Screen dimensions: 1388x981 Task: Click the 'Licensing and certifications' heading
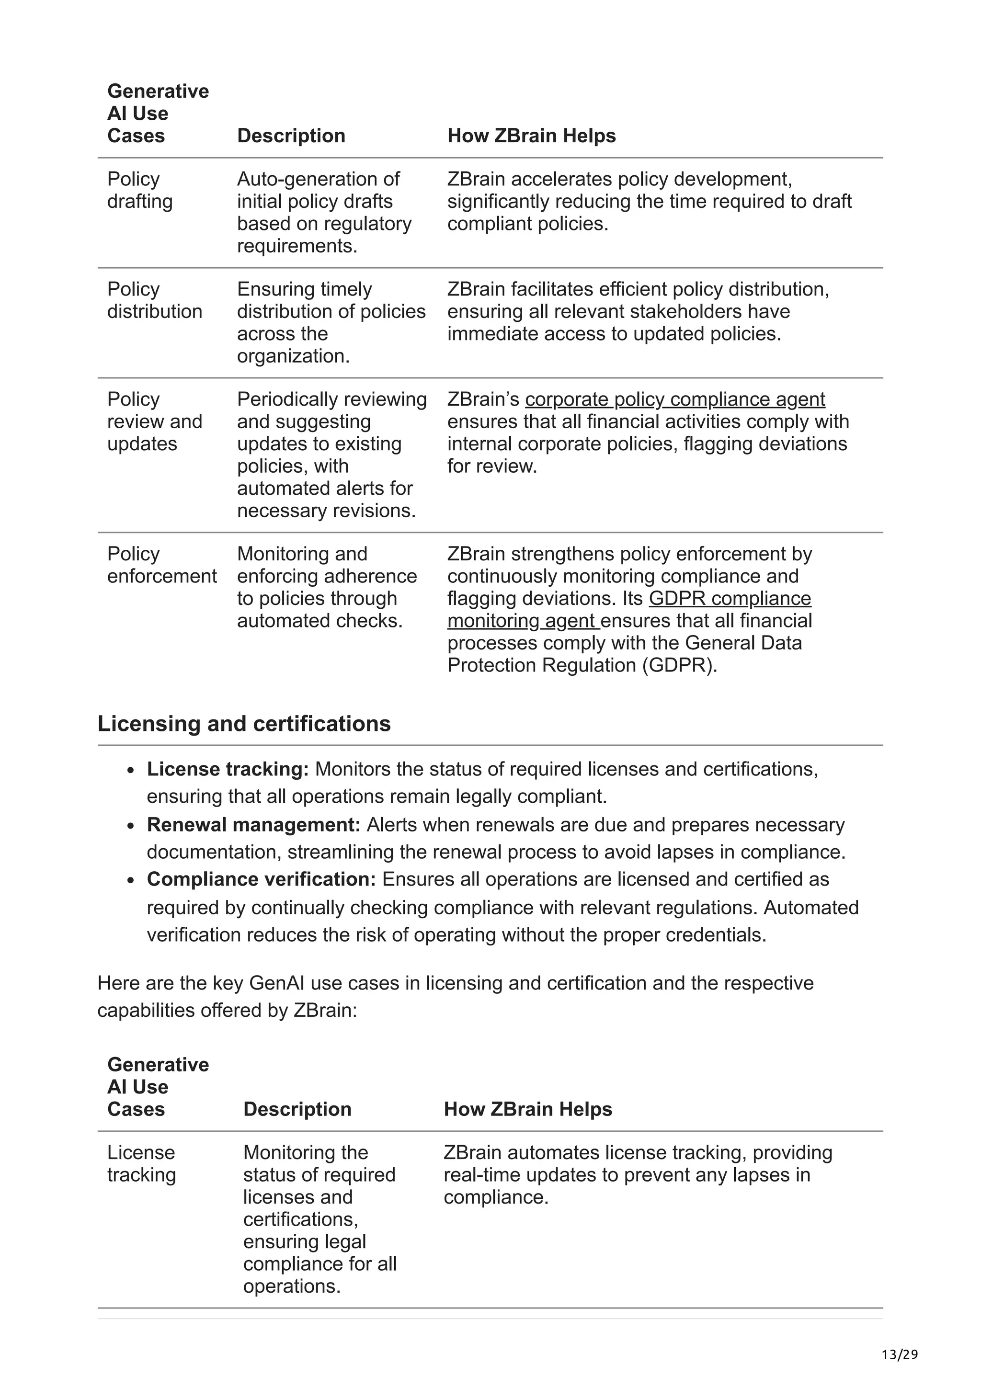[244, 724]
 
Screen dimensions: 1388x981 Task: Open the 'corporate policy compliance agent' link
[674, 399]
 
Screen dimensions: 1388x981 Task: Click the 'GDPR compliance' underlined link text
[730, 599]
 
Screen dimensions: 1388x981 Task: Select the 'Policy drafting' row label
[139, 190]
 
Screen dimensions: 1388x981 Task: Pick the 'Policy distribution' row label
[154, 300]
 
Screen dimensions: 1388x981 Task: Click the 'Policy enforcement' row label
[161, 565]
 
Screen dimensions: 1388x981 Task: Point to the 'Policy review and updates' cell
[154, 421]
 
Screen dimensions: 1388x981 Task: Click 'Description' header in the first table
[291, 136]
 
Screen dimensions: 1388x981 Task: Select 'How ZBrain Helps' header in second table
[528, 1109]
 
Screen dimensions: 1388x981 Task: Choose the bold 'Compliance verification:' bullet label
[261, 879]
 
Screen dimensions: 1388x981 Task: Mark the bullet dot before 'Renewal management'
[131, 826]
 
